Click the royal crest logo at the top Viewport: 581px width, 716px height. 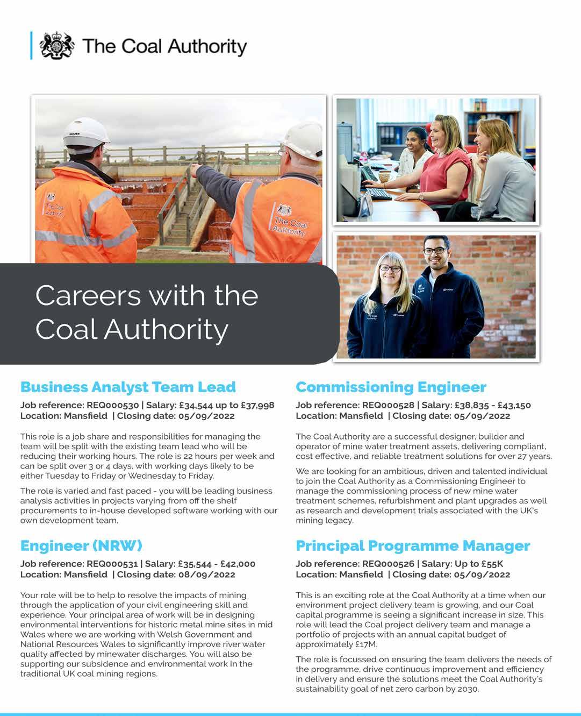point(57,46)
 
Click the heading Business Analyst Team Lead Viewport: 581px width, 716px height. point(128,387)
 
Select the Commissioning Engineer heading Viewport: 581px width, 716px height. point(391,387)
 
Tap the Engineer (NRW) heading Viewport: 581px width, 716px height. point(81,546)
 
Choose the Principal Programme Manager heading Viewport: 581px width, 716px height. point(413,546)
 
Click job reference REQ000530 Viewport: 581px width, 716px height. point(113,405)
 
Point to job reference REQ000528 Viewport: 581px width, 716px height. point(388,405)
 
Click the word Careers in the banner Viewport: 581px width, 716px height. point(88,295)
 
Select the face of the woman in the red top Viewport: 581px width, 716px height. point(441,132)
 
